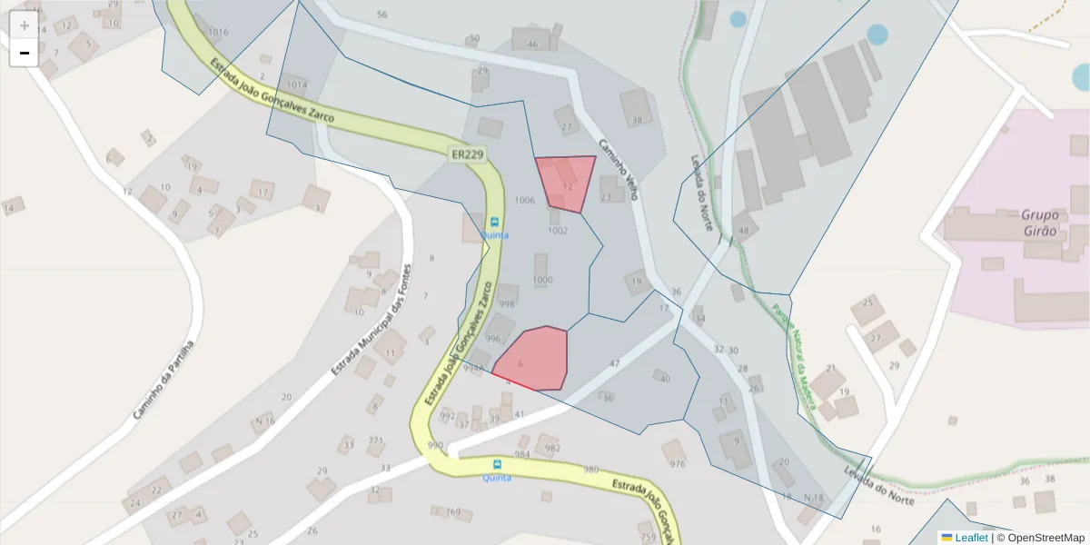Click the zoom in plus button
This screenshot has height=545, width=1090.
coord(25,25)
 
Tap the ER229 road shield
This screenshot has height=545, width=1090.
coord(467,154)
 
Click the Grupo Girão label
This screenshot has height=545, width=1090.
coord(1039,223)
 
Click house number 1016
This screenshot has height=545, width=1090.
coord(217,32)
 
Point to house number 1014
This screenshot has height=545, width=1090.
coord(296,84)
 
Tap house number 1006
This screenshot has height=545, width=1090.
coord(524,200)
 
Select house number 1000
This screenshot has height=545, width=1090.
coord(541,280)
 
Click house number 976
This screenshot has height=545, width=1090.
coord(677,463)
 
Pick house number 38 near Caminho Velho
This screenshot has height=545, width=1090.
coord(637,120)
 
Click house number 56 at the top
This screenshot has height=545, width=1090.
coord(381,15)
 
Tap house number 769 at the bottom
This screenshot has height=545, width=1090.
coord(453,512)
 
